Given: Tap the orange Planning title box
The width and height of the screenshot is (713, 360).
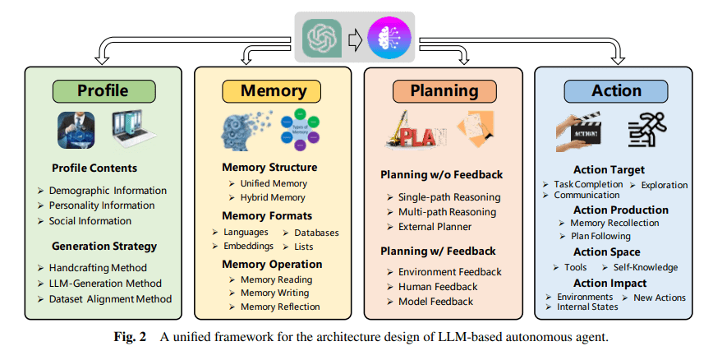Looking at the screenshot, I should click(x=444, y=90).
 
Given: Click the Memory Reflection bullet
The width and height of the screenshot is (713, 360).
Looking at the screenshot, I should click(x=280, y=307).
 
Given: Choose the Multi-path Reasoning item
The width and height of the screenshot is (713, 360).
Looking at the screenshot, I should click(x=447, y=212).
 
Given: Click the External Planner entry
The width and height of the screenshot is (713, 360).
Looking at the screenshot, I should click(x=435, y=227).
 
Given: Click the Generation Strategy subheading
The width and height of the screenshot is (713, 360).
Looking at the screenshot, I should click(x=103, y=246).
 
